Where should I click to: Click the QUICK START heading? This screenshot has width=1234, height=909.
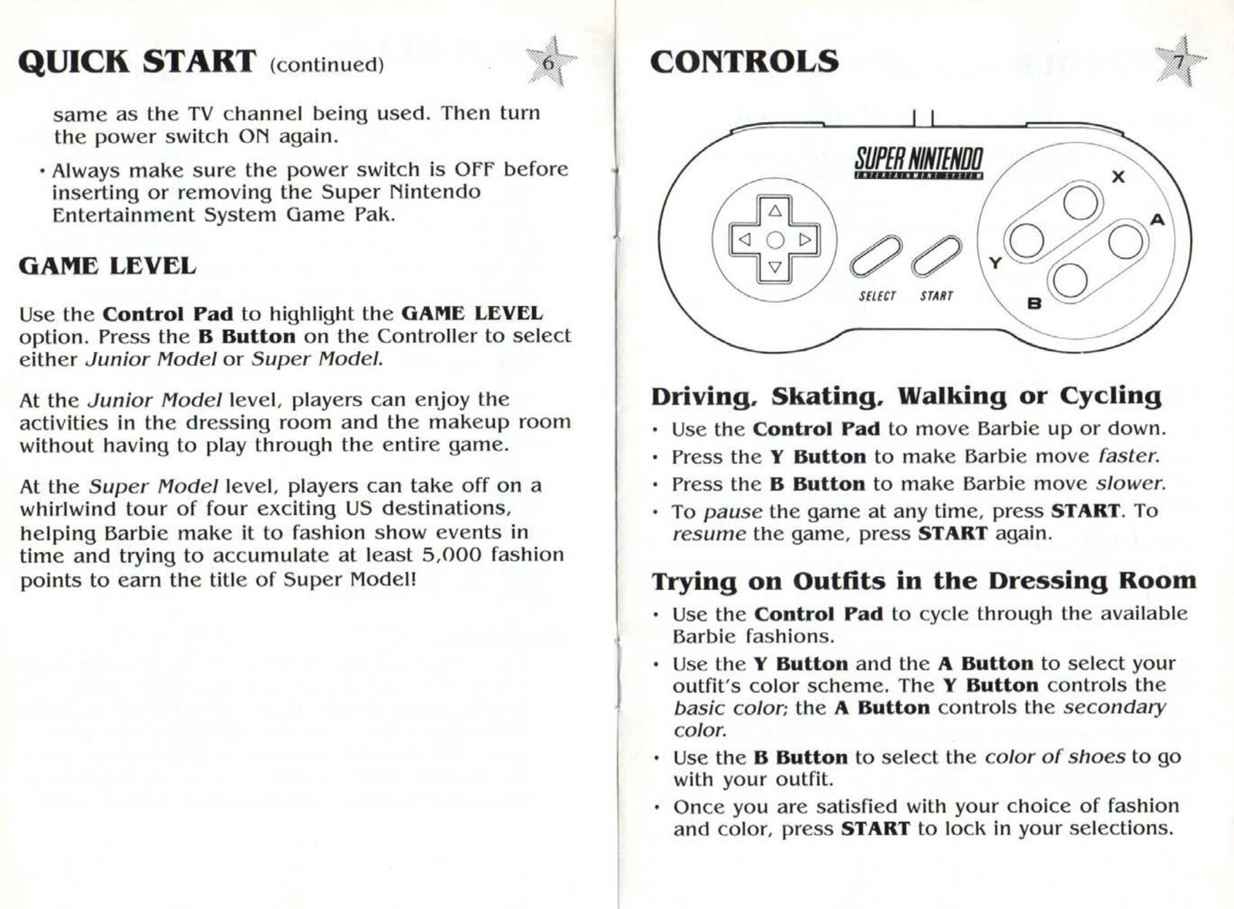coord(137,62)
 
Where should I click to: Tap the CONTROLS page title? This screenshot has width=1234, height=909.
coord(744,62)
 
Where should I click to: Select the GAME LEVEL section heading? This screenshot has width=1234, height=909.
coord(107,267)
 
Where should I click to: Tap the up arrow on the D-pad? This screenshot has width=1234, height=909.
coord(775,210)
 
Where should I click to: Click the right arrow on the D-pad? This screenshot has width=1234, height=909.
coord(804,240)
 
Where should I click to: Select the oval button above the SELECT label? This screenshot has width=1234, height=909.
coord(875,256)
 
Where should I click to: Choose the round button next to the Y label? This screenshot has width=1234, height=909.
coord(1027,241)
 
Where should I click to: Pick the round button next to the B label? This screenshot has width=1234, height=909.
coord(1070,280)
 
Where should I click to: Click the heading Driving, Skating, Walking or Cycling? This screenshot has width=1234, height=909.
coord(906,396)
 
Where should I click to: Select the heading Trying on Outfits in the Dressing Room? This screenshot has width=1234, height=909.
coord(923,581)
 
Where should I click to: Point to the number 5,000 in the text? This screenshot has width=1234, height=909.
coord(453,555)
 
